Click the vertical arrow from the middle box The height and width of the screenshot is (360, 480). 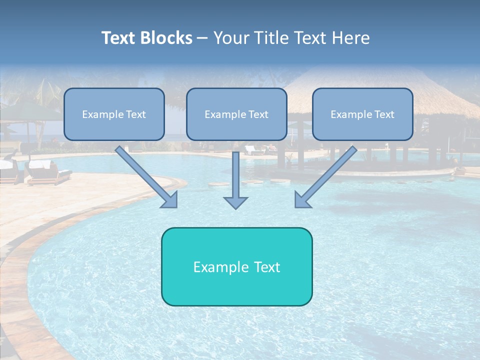pyautogui.click(x=235, y=175)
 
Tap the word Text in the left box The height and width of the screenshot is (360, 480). pyautogui.click(x=136, y=114)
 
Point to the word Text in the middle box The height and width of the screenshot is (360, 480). pyautogui.click(x=258, y=114)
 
